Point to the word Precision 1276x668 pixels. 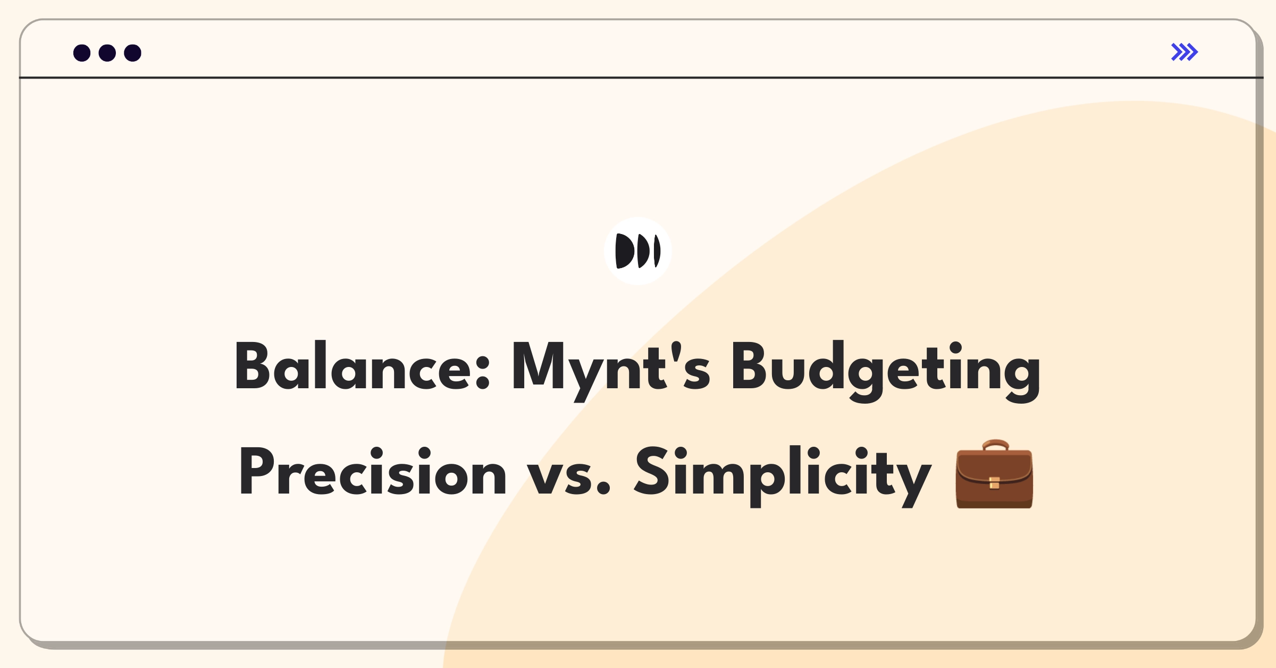[x=372, y=471]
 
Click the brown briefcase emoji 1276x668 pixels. [x=994, y=474]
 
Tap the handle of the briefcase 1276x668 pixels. [x=995, y=445]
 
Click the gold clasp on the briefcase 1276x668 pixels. [x=994, y=483]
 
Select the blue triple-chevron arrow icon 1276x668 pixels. [x=1185, y=52]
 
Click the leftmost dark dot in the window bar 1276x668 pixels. [x=82, y=53]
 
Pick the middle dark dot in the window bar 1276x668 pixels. [x=107, y=53]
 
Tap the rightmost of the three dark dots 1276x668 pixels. [x=133, y=53]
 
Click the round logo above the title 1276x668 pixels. [x=638, y=251]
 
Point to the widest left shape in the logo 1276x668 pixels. [x=624, y=251]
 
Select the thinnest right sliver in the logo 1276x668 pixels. [x=657, y=251]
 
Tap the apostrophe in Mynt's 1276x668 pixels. [x=676, y=352]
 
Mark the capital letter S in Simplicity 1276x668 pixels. [x=654, y=471]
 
